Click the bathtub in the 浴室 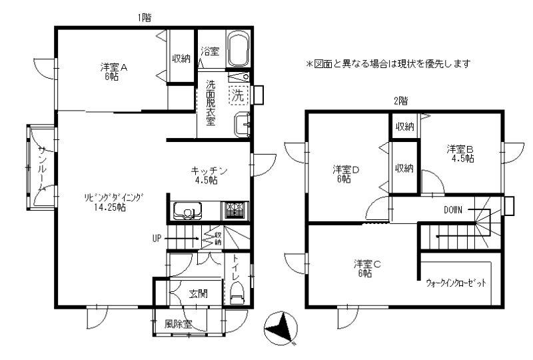(x=239, y=50)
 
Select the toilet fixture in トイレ (x=237, y=293)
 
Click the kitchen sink (x=188, y=211)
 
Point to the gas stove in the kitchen (x=235, y=211)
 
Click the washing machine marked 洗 (x=239, y=95)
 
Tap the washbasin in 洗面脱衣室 (x=242, y=125)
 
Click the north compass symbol (x=281, y=328)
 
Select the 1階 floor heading (x=145, y=18)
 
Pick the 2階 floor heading (x=401, y=101)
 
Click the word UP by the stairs (x=157, y=239)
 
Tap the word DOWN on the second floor (x=453, y=210)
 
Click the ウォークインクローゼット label (x=456, y=283)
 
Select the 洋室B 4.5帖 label (x=460, y=154)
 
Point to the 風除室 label (x=178, y=324)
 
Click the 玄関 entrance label (x=199, y=293)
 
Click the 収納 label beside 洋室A (x=181, y=59)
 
